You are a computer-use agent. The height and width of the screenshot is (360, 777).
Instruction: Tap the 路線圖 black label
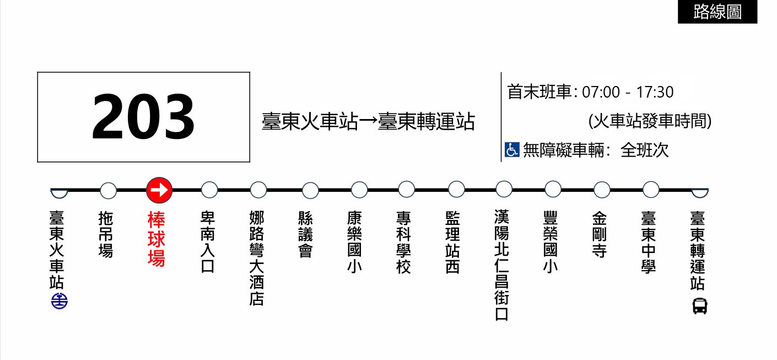[717, 12]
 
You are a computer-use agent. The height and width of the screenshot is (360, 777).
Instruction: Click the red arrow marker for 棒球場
[159, 190]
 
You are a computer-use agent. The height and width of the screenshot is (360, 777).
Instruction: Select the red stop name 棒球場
[157, 239]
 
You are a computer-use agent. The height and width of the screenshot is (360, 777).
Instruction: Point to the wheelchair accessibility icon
[512, 149]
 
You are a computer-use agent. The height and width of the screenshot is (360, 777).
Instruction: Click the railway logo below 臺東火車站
[59, 302]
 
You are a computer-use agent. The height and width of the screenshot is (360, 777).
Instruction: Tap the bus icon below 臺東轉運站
[699, 305]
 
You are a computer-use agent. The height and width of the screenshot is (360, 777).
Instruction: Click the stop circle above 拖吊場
[109, 191]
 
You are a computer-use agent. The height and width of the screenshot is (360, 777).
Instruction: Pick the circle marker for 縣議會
[310, 191]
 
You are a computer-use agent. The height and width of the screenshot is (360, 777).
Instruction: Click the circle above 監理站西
[456, 190]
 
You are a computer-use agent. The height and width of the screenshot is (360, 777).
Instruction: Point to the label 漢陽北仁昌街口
[502, 266]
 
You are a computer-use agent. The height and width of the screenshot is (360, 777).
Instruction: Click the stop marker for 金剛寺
[602, 190]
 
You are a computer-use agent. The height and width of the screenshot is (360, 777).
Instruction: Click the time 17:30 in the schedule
[655, 92]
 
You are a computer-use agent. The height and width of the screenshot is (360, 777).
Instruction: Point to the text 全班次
[644, 150]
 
